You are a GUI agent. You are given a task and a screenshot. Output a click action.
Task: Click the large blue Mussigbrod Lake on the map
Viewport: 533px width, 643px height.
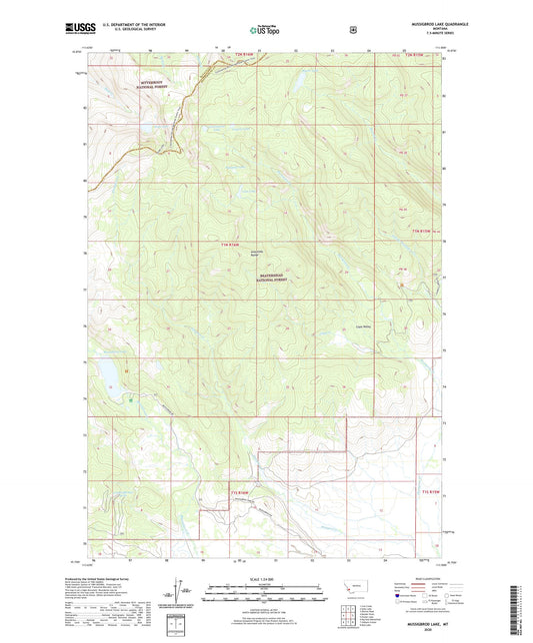click(108, 375)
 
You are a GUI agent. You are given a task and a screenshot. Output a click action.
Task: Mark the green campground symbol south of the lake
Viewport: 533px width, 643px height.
click(130, 401)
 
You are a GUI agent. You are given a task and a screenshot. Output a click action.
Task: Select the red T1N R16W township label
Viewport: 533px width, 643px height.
click(232, 245)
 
